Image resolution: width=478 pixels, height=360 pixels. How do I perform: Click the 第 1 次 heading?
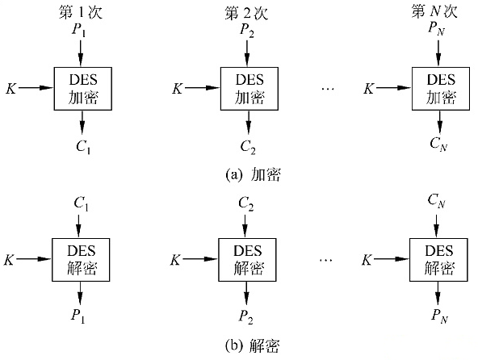(x=81, y=13)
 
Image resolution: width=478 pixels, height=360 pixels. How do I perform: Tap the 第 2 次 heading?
(x=246, y=13)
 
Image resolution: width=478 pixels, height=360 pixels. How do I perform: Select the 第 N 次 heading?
(x=434, y=11)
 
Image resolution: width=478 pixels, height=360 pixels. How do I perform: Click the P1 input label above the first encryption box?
(x=78, y=30)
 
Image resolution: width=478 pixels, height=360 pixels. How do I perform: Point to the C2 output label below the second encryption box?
(x=248, y=147)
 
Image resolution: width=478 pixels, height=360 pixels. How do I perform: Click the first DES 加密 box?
(x=83, y=89)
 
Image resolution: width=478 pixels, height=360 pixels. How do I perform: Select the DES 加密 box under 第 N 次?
(x=441, y=89)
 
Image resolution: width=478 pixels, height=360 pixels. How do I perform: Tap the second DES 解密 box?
(x=247, y=260)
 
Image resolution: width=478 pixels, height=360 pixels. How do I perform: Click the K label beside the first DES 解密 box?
(x=9, y=260)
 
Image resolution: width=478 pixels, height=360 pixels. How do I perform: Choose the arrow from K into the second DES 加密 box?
(x=203, y=88)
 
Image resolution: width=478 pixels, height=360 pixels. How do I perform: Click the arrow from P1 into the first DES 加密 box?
(x=81, y=53)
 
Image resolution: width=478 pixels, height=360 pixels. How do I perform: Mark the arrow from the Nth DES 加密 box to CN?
(x=439, y=123)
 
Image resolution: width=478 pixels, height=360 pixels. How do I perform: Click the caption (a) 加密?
(x=253, y=174)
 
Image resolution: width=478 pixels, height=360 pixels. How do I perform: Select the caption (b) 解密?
(x=252, y=345)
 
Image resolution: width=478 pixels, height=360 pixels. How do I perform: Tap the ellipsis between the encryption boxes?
(x=328, y=89)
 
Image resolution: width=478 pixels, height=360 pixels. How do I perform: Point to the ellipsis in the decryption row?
(x=326, y=260)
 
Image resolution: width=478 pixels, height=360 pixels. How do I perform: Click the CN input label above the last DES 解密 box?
(x=437, y=201)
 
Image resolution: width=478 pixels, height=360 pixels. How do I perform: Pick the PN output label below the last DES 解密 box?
(x=439, y=316)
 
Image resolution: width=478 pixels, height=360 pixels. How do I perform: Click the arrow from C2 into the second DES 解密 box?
(x=245, y=226)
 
